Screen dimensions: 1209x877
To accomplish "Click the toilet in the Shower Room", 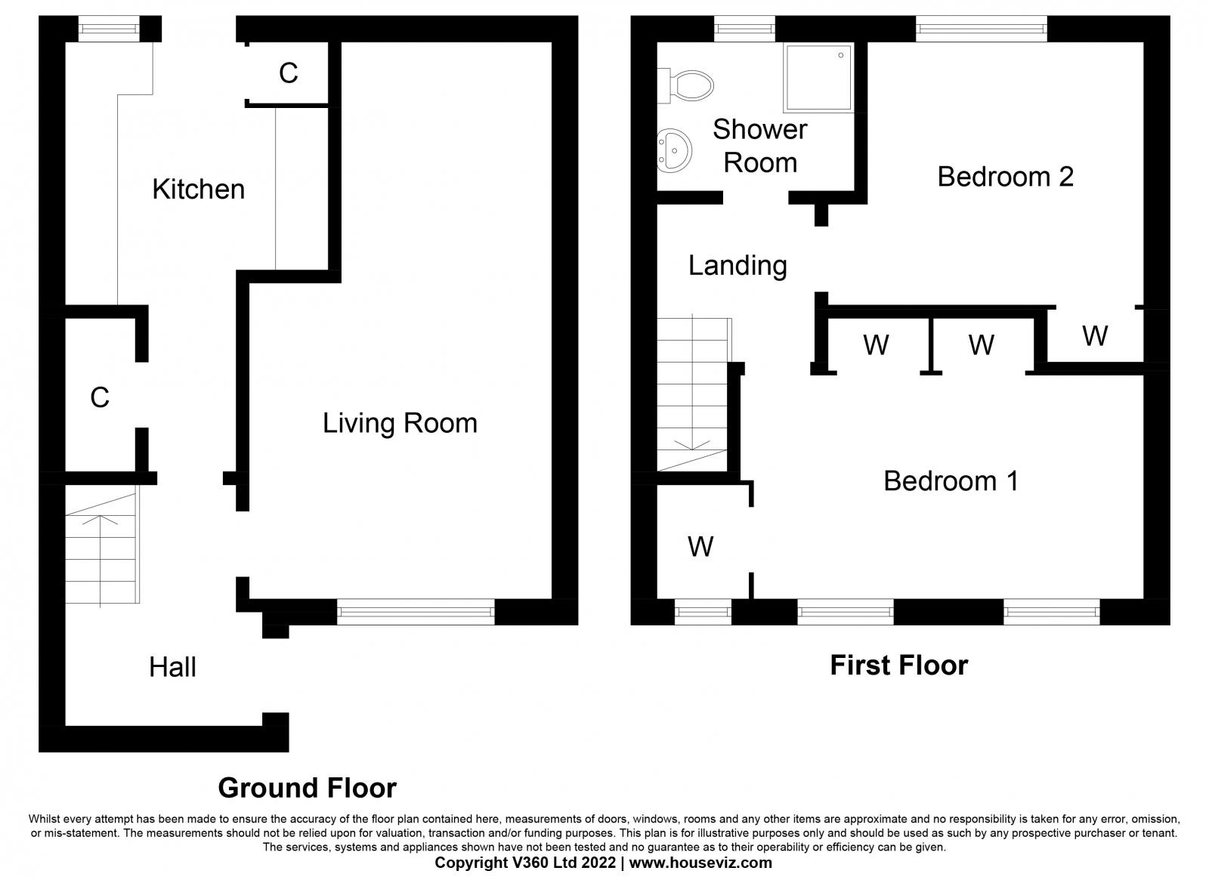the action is [685, 85].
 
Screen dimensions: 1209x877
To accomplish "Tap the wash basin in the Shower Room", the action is [674, 150].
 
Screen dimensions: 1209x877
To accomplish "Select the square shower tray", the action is [819, 79].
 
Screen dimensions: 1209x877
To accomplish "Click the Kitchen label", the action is [199, 190].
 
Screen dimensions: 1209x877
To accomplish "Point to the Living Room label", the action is [400, 423].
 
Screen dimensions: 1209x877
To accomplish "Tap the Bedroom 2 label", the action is [1006, 177].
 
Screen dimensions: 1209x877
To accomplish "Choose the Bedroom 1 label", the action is [951, 481].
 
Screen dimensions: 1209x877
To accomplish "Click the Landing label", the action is [737, 266].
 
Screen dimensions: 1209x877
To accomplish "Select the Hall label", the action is [173, 667].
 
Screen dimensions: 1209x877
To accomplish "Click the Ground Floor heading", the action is [307, 788].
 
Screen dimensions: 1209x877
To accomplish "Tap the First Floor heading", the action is [899, 665].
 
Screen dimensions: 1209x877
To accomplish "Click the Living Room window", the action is [416, 612].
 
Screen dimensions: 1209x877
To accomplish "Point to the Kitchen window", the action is [109, 29].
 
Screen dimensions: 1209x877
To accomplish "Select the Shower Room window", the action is [745, 29].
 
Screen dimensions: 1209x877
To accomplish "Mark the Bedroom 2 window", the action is [982, 29].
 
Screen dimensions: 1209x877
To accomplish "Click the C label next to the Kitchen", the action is [289, 73].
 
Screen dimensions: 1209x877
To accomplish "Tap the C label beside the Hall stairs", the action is [100, 398].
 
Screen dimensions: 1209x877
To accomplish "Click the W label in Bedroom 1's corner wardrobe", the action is [700, 547].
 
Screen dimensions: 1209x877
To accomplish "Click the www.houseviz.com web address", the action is [700, 863].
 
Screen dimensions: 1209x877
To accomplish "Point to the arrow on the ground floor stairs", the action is [100, 561].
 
